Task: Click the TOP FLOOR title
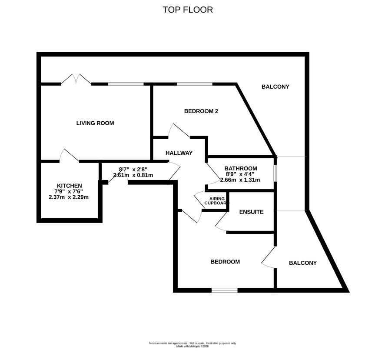click(188, 10)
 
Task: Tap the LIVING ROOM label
click(95, 123)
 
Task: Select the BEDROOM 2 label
click(201, 111)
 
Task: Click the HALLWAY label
click(179, 153)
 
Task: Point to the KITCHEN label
click(70, 186)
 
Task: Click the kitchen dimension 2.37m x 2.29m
click(69, 197)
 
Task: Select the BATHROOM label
click(241, 169)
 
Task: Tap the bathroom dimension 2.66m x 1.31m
click(240, 180)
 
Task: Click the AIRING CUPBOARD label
click(217, 201)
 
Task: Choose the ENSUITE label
click(252, 212)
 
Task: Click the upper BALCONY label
click(275, 87)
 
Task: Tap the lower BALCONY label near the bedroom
click(303, 263)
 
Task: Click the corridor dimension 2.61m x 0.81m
click(133, 175)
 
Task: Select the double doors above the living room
click(76, 80)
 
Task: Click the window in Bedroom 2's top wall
click(195, 84)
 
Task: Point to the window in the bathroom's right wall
click(275, 173)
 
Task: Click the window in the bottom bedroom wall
click(225, 290)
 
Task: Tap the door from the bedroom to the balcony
click(269, 257)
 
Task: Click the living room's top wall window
click(126, 84)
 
